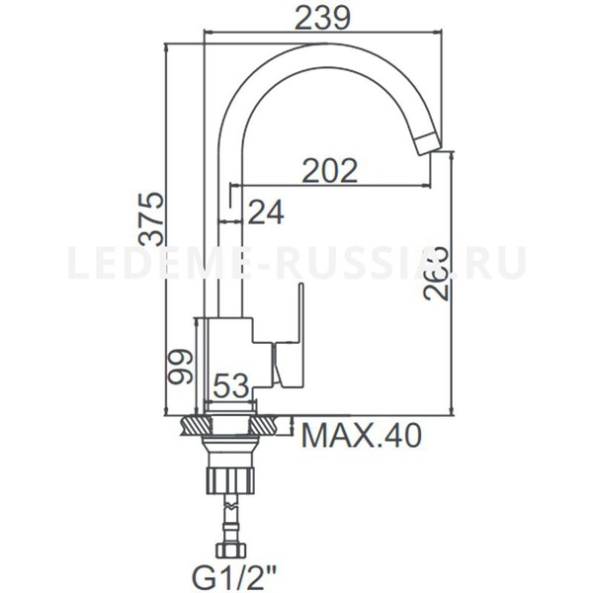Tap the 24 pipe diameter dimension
point(265,212)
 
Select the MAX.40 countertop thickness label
point(362,434)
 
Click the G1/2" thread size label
point(226,572)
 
